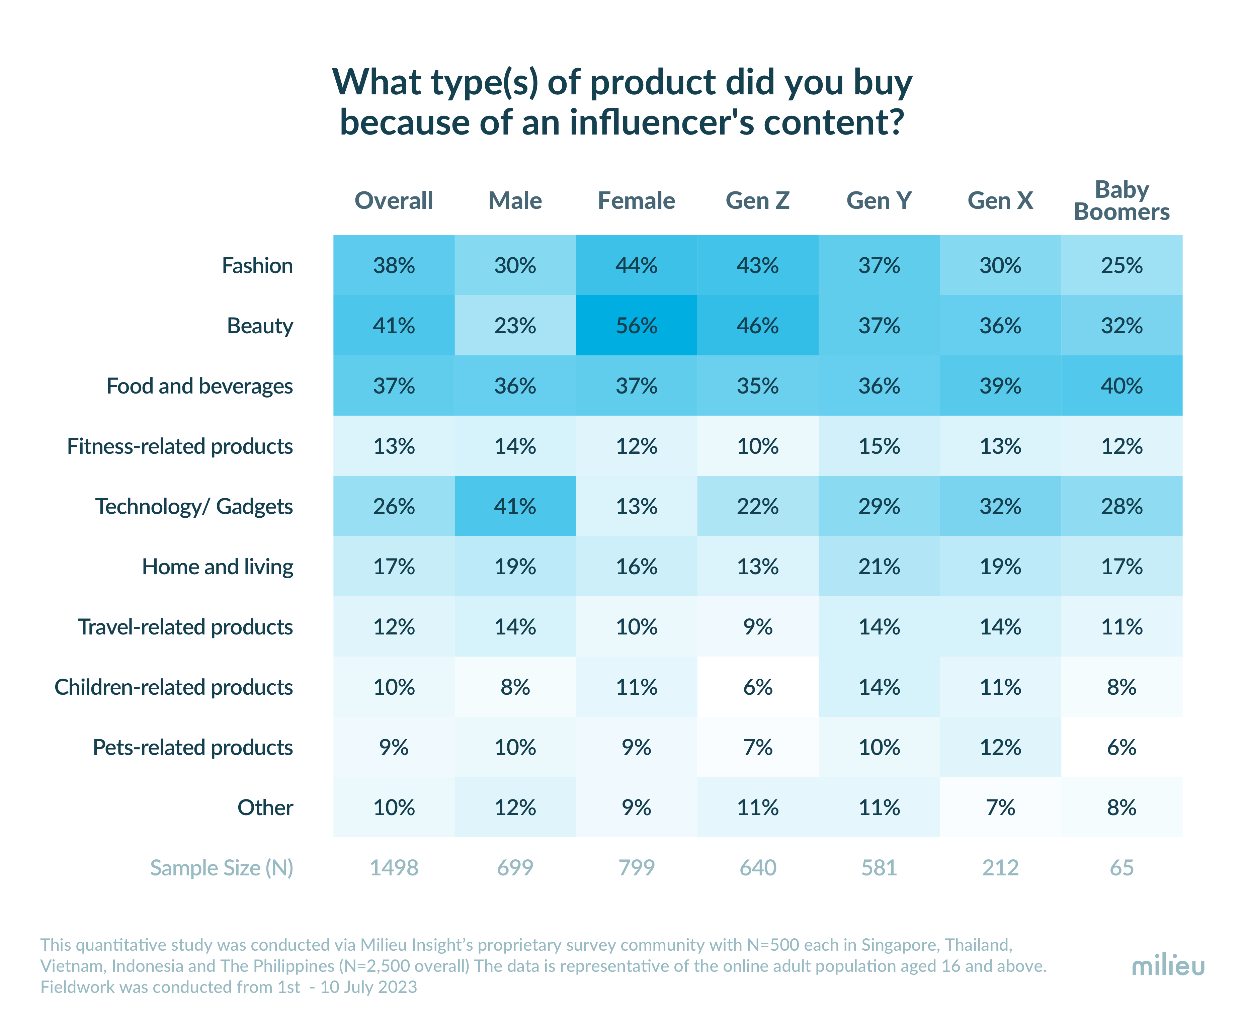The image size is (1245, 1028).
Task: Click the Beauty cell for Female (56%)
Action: point(636,326)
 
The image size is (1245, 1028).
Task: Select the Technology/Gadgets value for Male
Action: point(515,506)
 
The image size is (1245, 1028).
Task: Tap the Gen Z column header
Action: point(758,201)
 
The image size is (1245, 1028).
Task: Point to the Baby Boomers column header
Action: point(1121,201)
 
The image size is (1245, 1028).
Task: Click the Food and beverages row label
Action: point(199,386)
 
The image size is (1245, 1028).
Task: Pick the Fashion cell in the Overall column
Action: point(394,265)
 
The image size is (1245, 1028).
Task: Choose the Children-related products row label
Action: point(174,687)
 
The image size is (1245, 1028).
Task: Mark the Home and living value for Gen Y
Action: point(879,567)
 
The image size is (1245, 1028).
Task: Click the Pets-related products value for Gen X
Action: point(1000,747)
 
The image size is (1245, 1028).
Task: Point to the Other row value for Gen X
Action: point(1000,808)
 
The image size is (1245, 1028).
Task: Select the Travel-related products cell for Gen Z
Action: point(758,627)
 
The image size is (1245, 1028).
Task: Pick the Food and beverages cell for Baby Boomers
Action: point(1121,386)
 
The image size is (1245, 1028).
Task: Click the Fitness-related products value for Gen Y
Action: point(879,446)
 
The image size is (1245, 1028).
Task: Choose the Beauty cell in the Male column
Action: point(515,326)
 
